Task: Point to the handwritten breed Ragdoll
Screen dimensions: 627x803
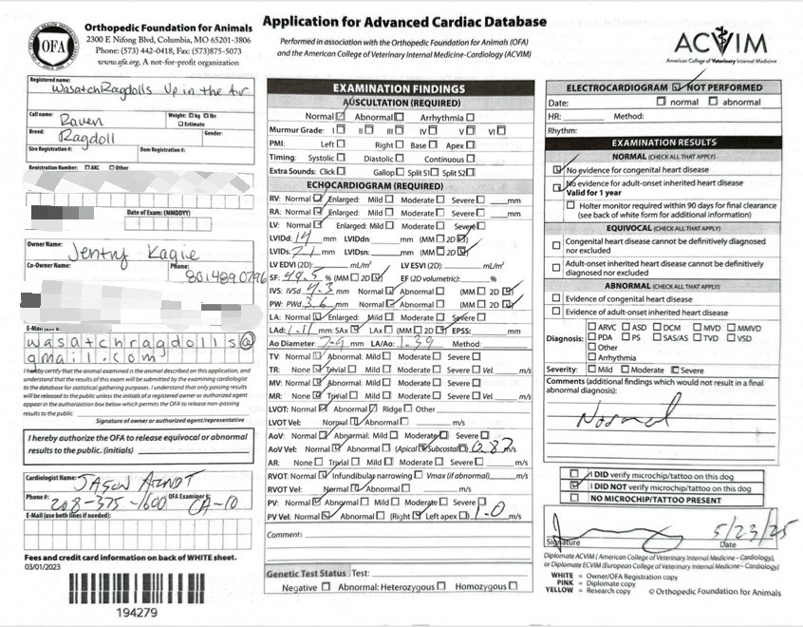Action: tap(89, 139)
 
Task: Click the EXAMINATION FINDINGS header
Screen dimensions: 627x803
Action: tap(399, 89)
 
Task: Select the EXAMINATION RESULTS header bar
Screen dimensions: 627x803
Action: tap(663, 142)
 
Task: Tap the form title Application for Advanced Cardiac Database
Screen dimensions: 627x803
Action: tap(404, 22)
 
